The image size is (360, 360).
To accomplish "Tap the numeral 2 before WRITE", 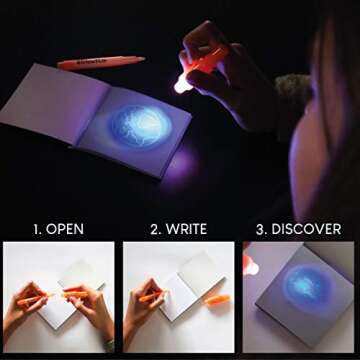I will (x=156, y=229).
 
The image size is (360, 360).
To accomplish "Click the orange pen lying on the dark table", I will (x=100, y=62).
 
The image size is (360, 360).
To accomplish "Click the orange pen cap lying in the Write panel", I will (x=218, y=299).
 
